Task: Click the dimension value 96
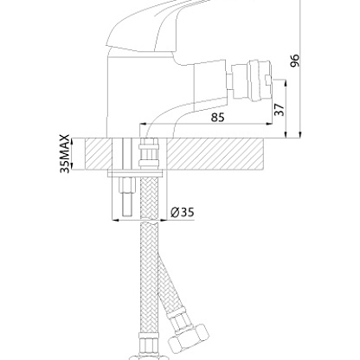[295, 61]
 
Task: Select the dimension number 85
[218, 118]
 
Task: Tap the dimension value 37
[280, 110]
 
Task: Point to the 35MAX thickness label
[65, 153]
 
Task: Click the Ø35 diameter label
[183, 213]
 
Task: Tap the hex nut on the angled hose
[189, 337]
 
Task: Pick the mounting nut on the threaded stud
[127, 184]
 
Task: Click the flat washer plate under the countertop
[135, 173]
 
